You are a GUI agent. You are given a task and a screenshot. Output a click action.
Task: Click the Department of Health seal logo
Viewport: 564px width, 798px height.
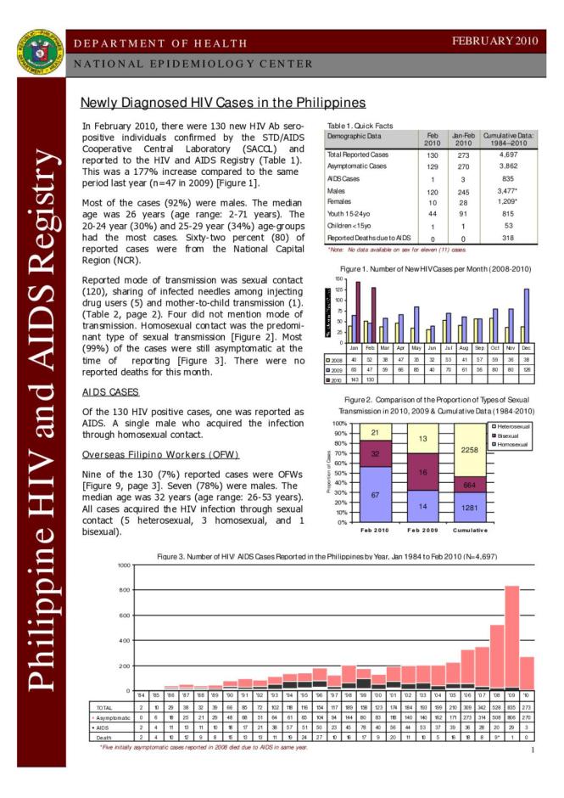pyautogui.click(x=35, y=52)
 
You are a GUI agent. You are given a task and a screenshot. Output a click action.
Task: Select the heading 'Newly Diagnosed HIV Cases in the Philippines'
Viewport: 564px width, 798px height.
pyautogui.click(x=222, y=103)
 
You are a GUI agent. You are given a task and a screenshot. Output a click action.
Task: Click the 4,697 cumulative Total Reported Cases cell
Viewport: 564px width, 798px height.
pyautogui.click(x=508, y=155)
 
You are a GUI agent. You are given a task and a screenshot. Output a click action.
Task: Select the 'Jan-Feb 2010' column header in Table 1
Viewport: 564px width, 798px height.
pyautogui.click(x=462, y=139)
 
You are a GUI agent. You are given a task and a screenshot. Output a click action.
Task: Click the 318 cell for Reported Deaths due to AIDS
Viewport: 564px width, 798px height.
pyautogui.click(x=508, y=239)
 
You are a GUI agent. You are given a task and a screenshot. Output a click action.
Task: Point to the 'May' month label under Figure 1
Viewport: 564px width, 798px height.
pyautogui.click(x=416, y=348)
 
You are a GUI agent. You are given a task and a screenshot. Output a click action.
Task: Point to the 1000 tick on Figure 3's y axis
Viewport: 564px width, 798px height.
pyautogui.click(x=124, y=565)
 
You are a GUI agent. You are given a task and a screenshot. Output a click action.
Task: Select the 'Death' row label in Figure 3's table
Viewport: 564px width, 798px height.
pyautogui.click(x=106, y=737)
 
